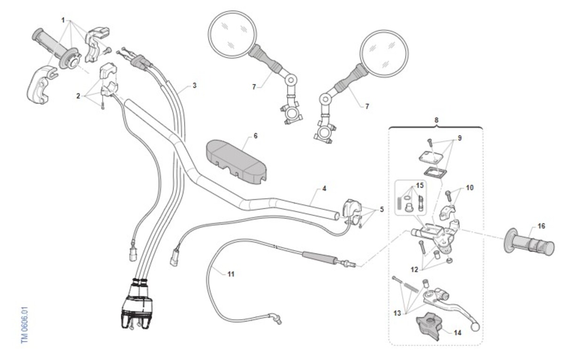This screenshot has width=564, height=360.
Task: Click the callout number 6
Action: click(x=256, y=136)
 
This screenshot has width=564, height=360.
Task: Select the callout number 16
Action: click(x=541, y=226)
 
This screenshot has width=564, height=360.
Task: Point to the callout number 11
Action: click(x=231, y=274)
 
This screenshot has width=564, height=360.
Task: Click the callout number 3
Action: click(x=195, y=86)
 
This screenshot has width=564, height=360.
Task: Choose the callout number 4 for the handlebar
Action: click(x=324, y=188)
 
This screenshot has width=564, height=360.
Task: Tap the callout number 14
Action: click(x=457, y=333)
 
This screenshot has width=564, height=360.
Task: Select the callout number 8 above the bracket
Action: click(x=436, y=120)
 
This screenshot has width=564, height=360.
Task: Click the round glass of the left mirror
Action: click(x=233, y=34)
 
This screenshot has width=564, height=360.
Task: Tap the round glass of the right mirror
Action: click(x=384, y=54)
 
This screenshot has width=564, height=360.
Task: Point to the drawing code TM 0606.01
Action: click(x=24, y=325)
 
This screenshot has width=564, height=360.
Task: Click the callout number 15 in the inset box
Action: click(x=420, y=186)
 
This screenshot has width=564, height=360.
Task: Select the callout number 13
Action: click(x=397, y=313)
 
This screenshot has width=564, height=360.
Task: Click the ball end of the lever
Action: click(x=475, y=327)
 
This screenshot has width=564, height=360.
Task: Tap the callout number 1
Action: click(x=63, y=20)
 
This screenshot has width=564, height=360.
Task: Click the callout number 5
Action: click(x=382, y=210)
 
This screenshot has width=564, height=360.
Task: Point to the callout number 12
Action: click(x=414, y=270)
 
